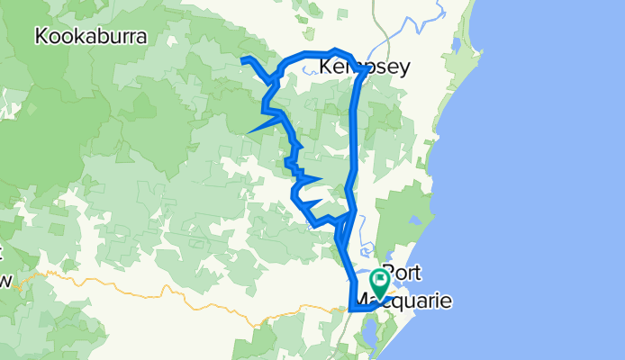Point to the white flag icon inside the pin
(x=380, y=279)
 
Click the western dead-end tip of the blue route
(x=242, y=59)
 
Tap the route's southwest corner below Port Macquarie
(x=349, y=310)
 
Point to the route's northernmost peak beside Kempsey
(x=335, y=51)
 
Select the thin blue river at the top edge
(x=439, y=9)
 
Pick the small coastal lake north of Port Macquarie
(x=415, y=220)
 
